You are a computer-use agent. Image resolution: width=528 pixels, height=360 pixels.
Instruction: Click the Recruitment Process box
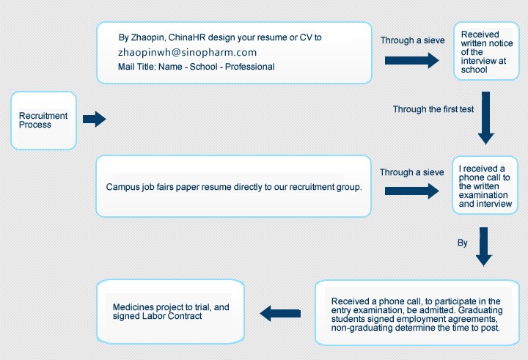point(43,120)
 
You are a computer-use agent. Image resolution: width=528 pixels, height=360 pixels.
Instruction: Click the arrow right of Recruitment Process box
point(94,119)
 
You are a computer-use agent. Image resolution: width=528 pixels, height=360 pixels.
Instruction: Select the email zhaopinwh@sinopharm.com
point(187,53)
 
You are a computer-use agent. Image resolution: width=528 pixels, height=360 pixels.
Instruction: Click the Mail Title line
point(196,67)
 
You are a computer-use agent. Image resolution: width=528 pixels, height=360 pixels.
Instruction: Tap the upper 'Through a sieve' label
point(412,41)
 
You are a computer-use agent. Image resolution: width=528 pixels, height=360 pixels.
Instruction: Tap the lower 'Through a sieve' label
point(411,172)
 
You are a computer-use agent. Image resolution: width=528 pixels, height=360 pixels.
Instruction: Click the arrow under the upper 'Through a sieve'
point(411,61)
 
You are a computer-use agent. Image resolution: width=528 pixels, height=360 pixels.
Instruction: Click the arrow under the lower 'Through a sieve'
point(411,191)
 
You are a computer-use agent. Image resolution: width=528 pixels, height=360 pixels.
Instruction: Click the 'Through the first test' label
point(433,109)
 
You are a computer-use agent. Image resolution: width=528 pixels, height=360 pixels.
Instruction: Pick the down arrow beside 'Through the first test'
point(485,117)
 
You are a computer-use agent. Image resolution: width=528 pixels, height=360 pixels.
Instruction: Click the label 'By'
point(462,243)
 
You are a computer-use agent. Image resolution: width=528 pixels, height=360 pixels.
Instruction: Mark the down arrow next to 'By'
point(483,246)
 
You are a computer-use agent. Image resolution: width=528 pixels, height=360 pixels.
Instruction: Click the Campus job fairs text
point(234,187)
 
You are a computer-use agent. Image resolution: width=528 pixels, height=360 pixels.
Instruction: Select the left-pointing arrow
point(280,313)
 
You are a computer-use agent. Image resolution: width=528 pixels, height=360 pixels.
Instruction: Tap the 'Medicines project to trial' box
point(170,312)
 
